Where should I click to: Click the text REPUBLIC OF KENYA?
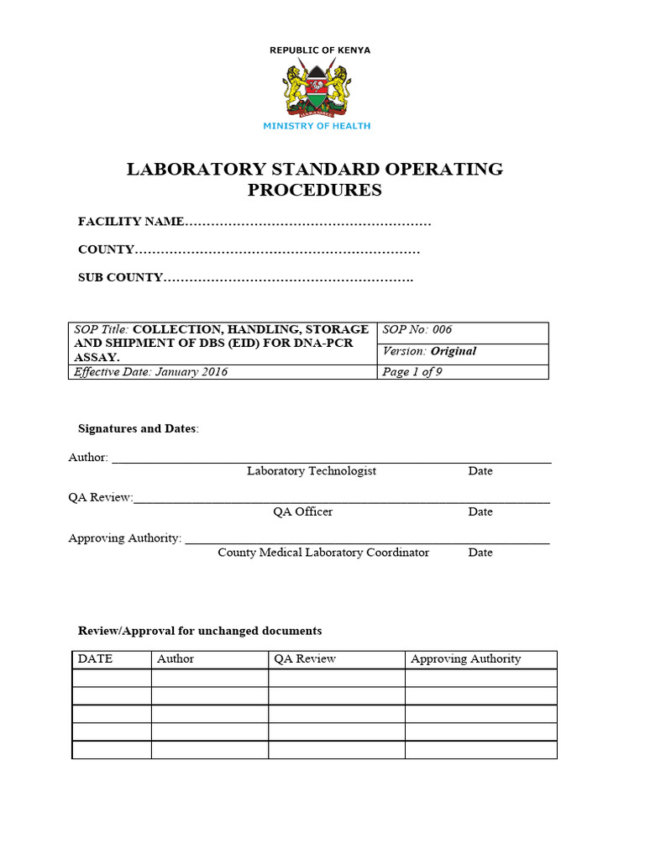319,50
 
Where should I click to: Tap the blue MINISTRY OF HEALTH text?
317,126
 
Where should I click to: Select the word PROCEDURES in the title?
314,191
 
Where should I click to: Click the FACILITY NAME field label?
131,222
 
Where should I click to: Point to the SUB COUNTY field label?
120,278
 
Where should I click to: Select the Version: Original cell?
429,351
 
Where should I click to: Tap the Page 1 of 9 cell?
412,372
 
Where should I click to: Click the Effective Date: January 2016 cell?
151,372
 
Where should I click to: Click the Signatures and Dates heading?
139,428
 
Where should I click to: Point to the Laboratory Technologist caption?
312,471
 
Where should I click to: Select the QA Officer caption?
303,511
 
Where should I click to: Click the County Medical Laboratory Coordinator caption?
323,553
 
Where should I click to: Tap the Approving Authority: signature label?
125,538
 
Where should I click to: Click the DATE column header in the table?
95,659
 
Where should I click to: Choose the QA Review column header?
305,659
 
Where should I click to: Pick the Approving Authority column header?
465,659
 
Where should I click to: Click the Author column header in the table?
176,659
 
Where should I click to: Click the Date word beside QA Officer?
480,511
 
